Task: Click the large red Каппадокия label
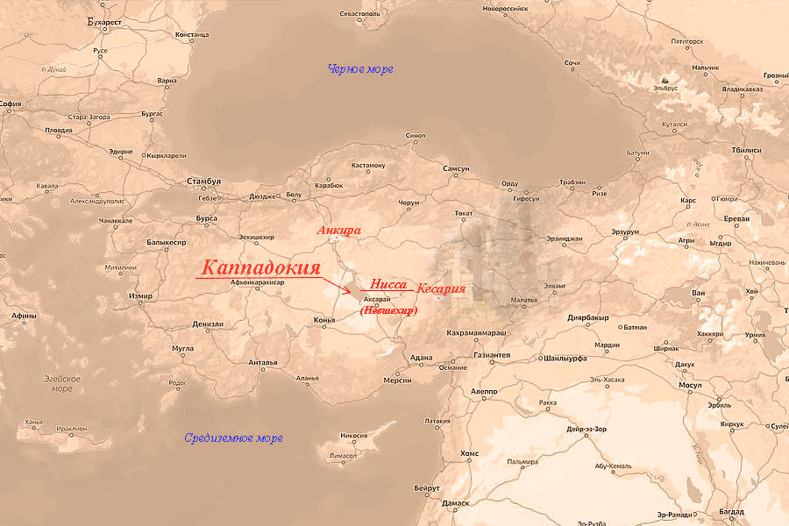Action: (x=260, y=268)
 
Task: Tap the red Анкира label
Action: (x=339, y=231)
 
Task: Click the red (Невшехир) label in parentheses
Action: (x=389, y=310)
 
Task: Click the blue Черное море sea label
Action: (x=359, y=68)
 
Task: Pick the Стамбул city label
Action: (x=203, y=181)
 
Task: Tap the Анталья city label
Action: (x=262, y=362)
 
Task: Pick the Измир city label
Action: (x=140, y=296)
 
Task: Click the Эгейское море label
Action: (x=62, y=383)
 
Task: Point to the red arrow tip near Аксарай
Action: (x=352, y=292)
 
